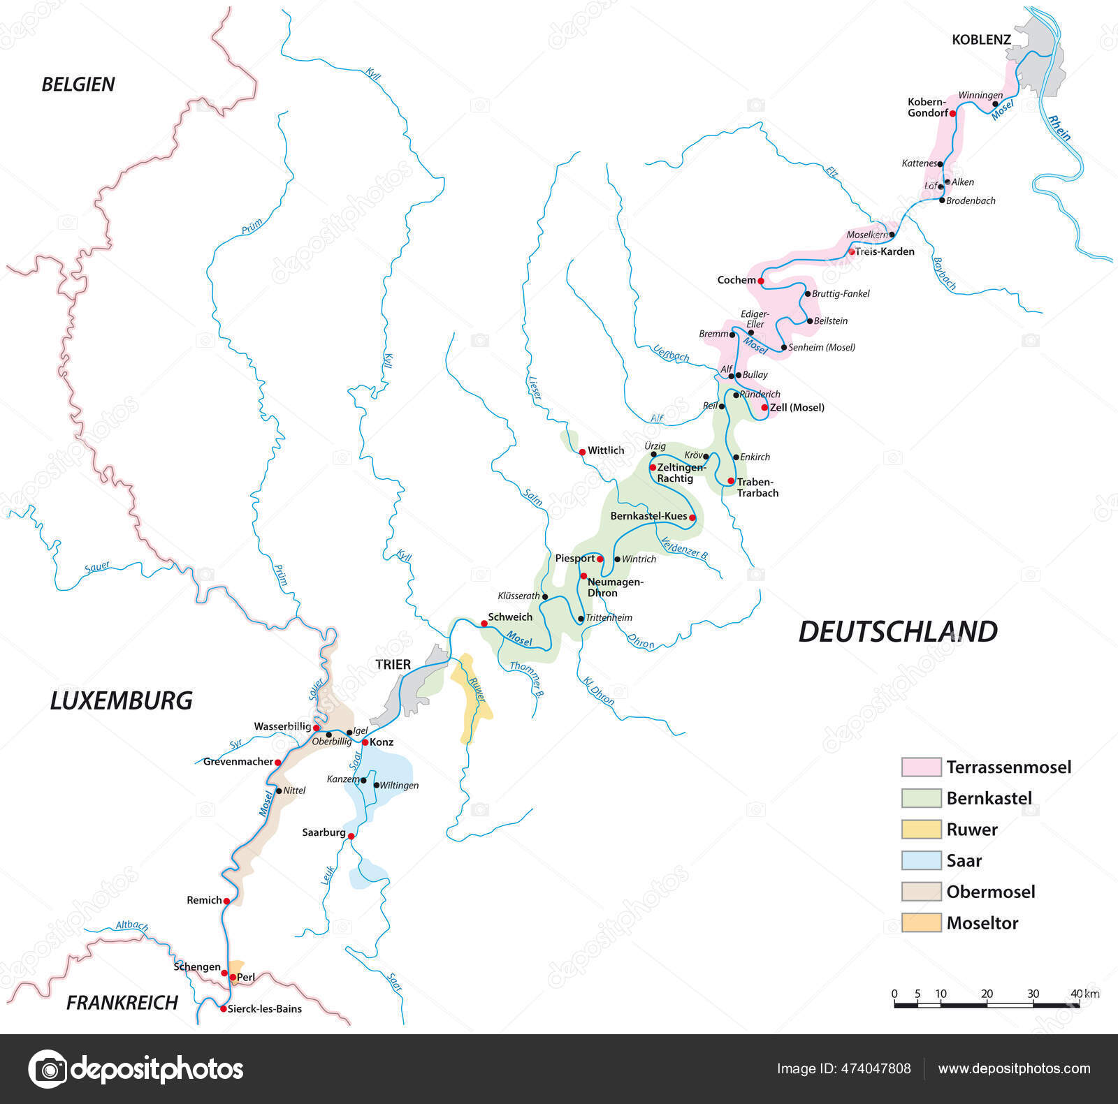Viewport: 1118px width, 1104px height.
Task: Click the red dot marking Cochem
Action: pos(761,281)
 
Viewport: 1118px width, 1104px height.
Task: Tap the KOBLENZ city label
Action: pos(981,40)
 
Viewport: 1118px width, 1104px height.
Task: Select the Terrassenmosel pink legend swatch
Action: pos(921,767)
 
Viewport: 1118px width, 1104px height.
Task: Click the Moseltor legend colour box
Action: pos(921,922)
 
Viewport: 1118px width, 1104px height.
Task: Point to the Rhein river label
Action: pos(1059,128)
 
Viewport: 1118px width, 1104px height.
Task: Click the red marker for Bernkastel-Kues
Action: pos(692,517)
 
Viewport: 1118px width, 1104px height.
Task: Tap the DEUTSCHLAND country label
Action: pos(898,632)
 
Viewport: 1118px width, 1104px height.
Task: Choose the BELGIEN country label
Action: pos(78,84)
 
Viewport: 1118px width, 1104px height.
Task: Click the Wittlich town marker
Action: pos(582,452)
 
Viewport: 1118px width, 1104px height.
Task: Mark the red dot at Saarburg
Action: pos(351,836)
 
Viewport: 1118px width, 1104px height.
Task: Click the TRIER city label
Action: pos(393,664)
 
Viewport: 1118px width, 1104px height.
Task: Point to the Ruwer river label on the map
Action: pos(477,689)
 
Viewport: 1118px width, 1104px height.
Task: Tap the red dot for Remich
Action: pos(226,901)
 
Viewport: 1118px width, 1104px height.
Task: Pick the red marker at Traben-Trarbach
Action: pos(731,481)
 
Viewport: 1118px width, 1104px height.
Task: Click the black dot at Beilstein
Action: pos(809,321)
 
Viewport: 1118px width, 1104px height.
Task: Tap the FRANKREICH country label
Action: pos(122,1003)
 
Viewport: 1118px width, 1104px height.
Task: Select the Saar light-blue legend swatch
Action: pos(921,860)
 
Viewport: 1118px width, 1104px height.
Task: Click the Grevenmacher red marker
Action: pos(277,762)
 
